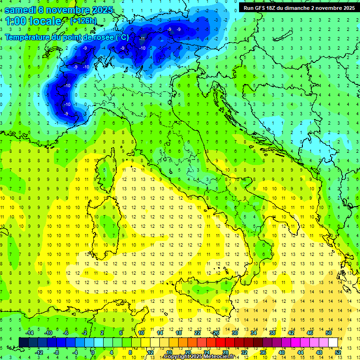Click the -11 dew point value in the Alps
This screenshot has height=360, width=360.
142,38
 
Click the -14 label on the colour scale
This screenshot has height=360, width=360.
31,332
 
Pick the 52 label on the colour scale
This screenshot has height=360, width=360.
338,352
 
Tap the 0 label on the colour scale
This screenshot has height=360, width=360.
93,352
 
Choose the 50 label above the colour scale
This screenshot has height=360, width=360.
329,332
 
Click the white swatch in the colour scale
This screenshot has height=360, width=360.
333,342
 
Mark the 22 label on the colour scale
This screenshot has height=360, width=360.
197,332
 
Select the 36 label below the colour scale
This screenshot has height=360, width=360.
263,352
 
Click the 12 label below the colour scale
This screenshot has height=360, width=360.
150,352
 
